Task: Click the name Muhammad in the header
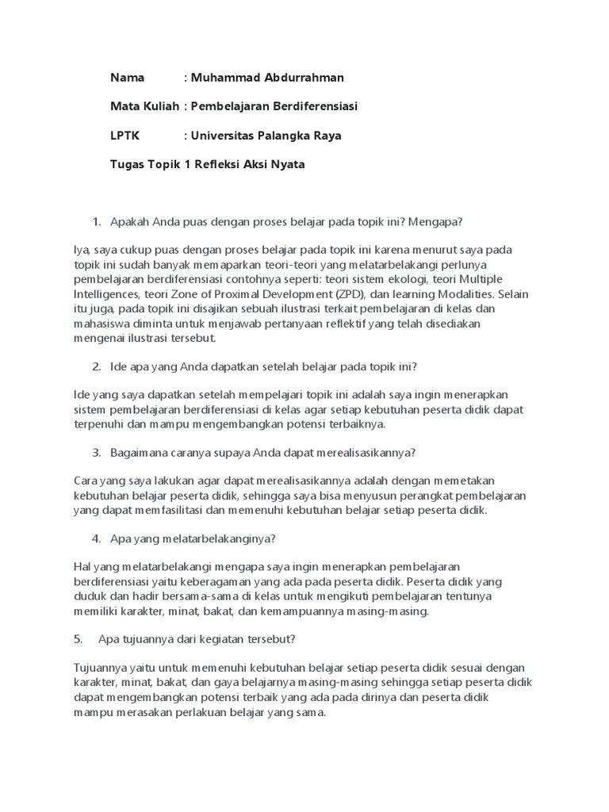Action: [x=226, y=78]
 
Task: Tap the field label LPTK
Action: [x=124, y=136]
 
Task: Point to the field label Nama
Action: [x=127, y=78]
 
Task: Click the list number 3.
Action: [x=97, y=453]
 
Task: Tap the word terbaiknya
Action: [x=354, y=423]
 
